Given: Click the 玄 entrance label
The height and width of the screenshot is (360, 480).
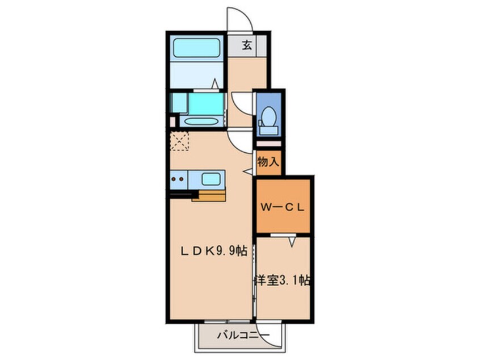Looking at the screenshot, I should [x=247, y=45].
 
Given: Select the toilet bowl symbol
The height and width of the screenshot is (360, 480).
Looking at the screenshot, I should [x=267, y=122].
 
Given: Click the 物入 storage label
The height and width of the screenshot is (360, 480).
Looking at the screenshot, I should [x=268, y=162].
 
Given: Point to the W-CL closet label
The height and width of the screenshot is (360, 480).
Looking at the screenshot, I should [x=283, y=207].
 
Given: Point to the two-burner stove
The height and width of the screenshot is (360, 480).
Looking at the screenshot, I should [x=178, y=180].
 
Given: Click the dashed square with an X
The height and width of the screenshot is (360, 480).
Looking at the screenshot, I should [x=180, y=140].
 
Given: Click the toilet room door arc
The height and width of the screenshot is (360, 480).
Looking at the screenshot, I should [x=242, y=102].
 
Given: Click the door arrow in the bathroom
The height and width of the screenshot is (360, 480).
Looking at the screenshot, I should [x=215, y=83].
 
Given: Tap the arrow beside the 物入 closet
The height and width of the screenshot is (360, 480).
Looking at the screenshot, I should [x=248, y=171].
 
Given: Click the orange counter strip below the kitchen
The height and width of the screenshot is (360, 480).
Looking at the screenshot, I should [x=210, y=197].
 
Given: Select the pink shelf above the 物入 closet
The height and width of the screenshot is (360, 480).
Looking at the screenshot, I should [x=268, y=144].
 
